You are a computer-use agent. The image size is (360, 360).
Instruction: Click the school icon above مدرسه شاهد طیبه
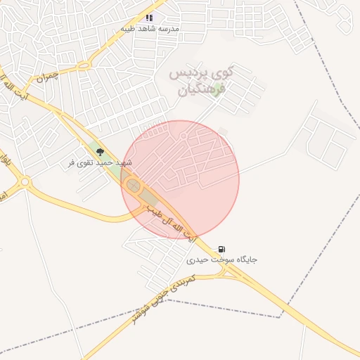(149, 18)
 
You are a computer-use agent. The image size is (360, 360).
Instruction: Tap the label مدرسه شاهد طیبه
(150, 29)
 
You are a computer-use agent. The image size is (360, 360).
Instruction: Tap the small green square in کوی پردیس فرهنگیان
(218, 89)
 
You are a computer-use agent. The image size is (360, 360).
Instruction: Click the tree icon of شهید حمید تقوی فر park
(100, 152)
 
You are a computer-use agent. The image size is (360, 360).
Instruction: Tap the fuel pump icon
(222, 249)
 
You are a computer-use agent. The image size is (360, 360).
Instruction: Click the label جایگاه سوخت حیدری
(222, 259)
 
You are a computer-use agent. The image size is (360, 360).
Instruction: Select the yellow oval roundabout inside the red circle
(132, 186)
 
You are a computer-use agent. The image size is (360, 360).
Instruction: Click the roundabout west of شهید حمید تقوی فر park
(25, 182)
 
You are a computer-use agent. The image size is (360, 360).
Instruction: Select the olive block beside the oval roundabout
(148, 196)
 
